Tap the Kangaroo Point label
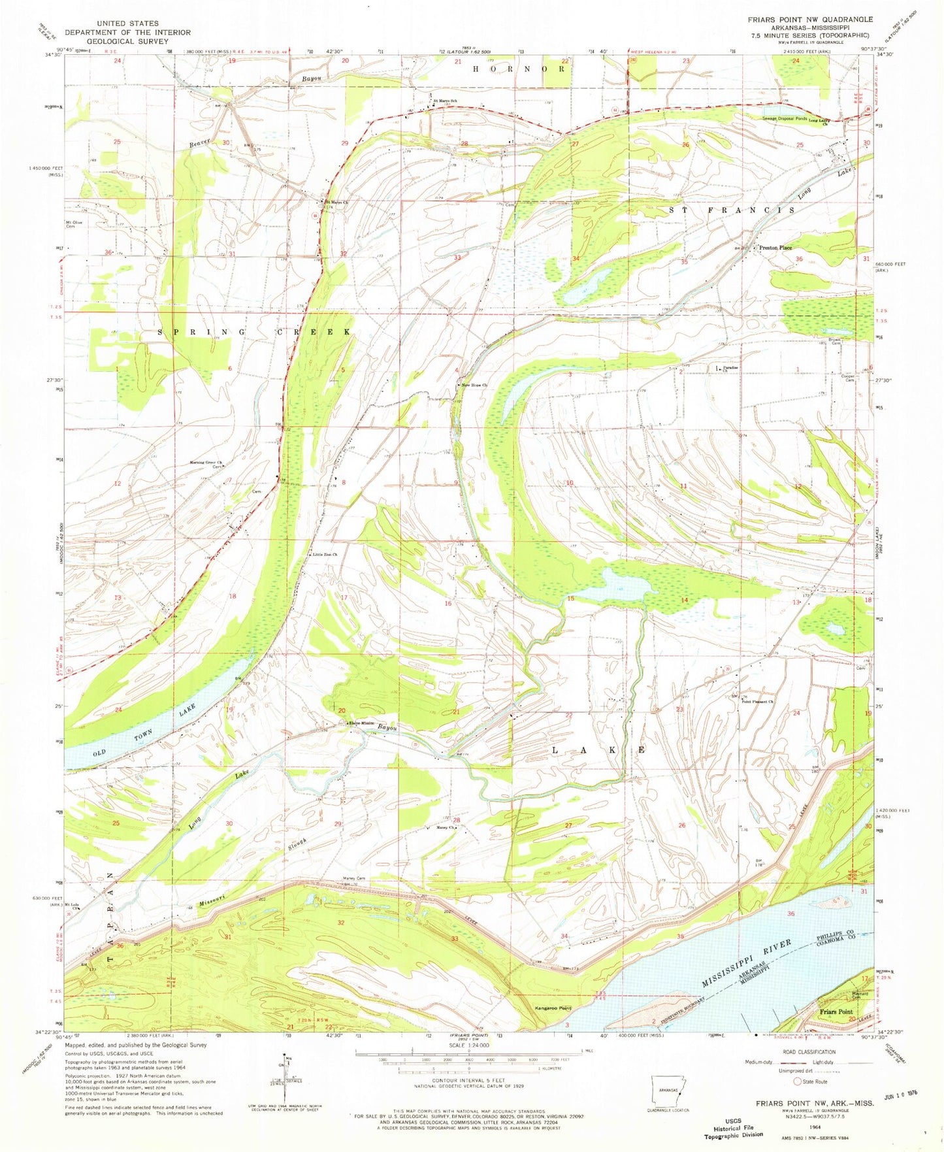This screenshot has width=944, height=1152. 552,1007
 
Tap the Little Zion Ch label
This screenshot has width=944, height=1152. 325,555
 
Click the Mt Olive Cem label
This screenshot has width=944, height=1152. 74,225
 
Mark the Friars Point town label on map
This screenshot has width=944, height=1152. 837,1012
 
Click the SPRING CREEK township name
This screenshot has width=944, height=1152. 255,332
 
